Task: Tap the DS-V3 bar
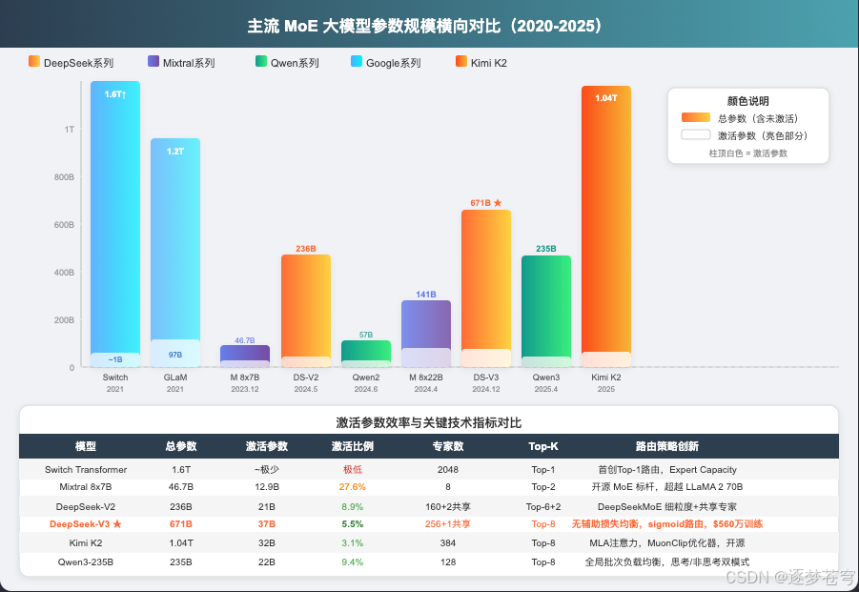[x=485, y=286]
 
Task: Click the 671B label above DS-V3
[x=485, y=202]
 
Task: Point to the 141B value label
[x=425, y=295]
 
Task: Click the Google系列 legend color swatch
[x=357, y=61]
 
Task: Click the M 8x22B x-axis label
[x=425, y=378]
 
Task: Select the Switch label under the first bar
[x=114, y=378]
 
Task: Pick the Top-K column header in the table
[x=543, y=446]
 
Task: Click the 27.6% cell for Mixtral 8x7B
[x=352, y=486]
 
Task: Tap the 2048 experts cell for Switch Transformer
[x=447, y=469]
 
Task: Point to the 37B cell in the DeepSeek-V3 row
[x=266, y=523]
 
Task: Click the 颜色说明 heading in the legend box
[x=747, y=100]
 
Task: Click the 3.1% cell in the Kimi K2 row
[x=352, y=542]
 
